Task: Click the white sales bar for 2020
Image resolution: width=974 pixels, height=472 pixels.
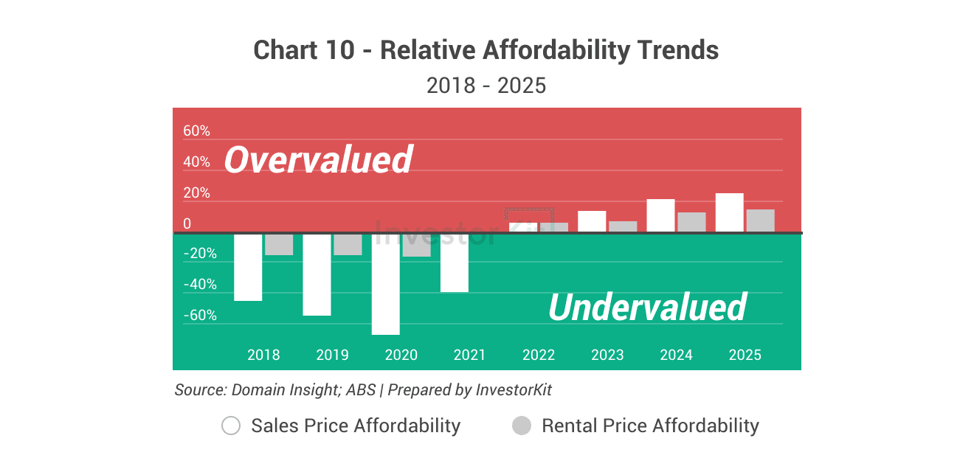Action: click(385, 284)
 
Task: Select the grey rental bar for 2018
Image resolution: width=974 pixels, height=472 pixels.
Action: click(279, 244)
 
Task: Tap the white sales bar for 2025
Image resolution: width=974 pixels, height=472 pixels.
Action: click(730, 212)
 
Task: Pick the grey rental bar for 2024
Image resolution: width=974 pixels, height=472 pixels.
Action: click(692, 222)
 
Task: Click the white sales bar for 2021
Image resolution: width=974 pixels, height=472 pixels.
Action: click(455, 263)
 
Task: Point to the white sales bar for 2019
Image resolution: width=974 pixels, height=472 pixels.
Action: click(317, 274)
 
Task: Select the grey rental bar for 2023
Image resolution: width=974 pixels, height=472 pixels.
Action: click(623, 226)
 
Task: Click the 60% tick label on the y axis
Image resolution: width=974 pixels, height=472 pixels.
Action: click(197, 131)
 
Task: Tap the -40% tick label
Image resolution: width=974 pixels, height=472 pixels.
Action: click(200, 285)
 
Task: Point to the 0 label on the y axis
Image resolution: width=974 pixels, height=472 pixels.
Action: click(187, 224)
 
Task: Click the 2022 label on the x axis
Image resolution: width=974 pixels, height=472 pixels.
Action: click(539, 355)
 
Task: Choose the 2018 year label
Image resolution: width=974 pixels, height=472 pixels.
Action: click(263, 355)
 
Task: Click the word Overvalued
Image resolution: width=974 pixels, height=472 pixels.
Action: click(318, 159)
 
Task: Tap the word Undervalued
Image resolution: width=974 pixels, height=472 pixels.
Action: click(647, 307)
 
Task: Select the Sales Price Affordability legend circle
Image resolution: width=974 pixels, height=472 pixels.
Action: click(231, 426)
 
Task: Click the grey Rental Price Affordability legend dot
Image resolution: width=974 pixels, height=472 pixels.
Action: click(522, 426)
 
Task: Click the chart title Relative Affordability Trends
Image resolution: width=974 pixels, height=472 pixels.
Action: click(486, 50)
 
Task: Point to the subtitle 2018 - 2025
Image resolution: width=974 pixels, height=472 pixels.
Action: click(486, 86)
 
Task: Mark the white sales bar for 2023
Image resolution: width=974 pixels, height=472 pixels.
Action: click(592, 221)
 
